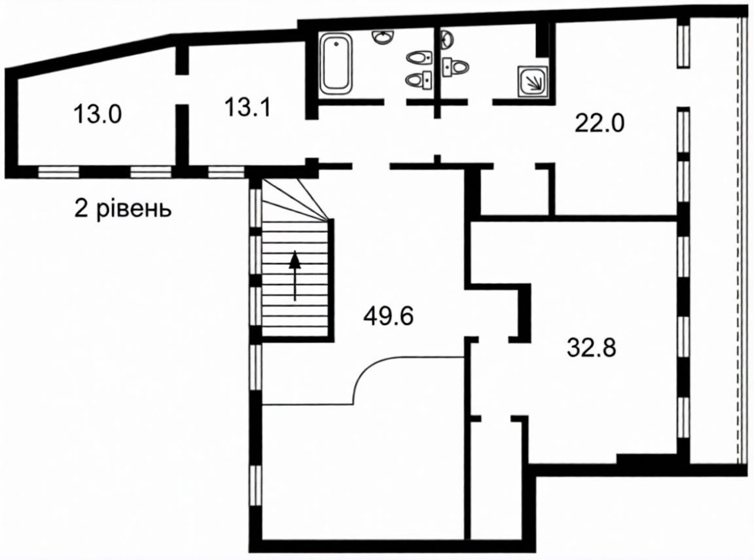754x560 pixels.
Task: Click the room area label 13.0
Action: pos(98,114)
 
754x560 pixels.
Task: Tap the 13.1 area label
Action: pos(247,107)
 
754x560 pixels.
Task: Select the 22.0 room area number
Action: pos(600,123)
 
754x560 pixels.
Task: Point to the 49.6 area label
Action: pos(389,316)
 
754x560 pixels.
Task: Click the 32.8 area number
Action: pos(592,347)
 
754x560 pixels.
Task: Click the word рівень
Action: pos(134,209)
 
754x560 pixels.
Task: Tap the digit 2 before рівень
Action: pos(81,209)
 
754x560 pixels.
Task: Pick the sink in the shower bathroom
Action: pos(447,39)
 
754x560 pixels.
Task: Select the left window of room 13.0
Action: pos(59,172)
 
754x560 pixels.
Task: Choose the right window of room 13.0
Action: pos(151,172)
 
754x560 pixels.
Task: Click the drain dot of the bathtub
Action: pos(336,44)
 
